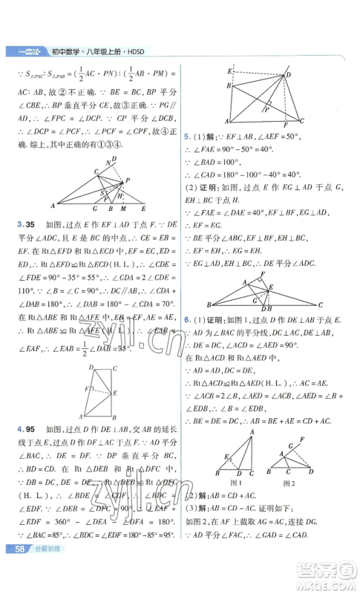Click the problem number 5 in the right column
[x=185, y=137]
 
